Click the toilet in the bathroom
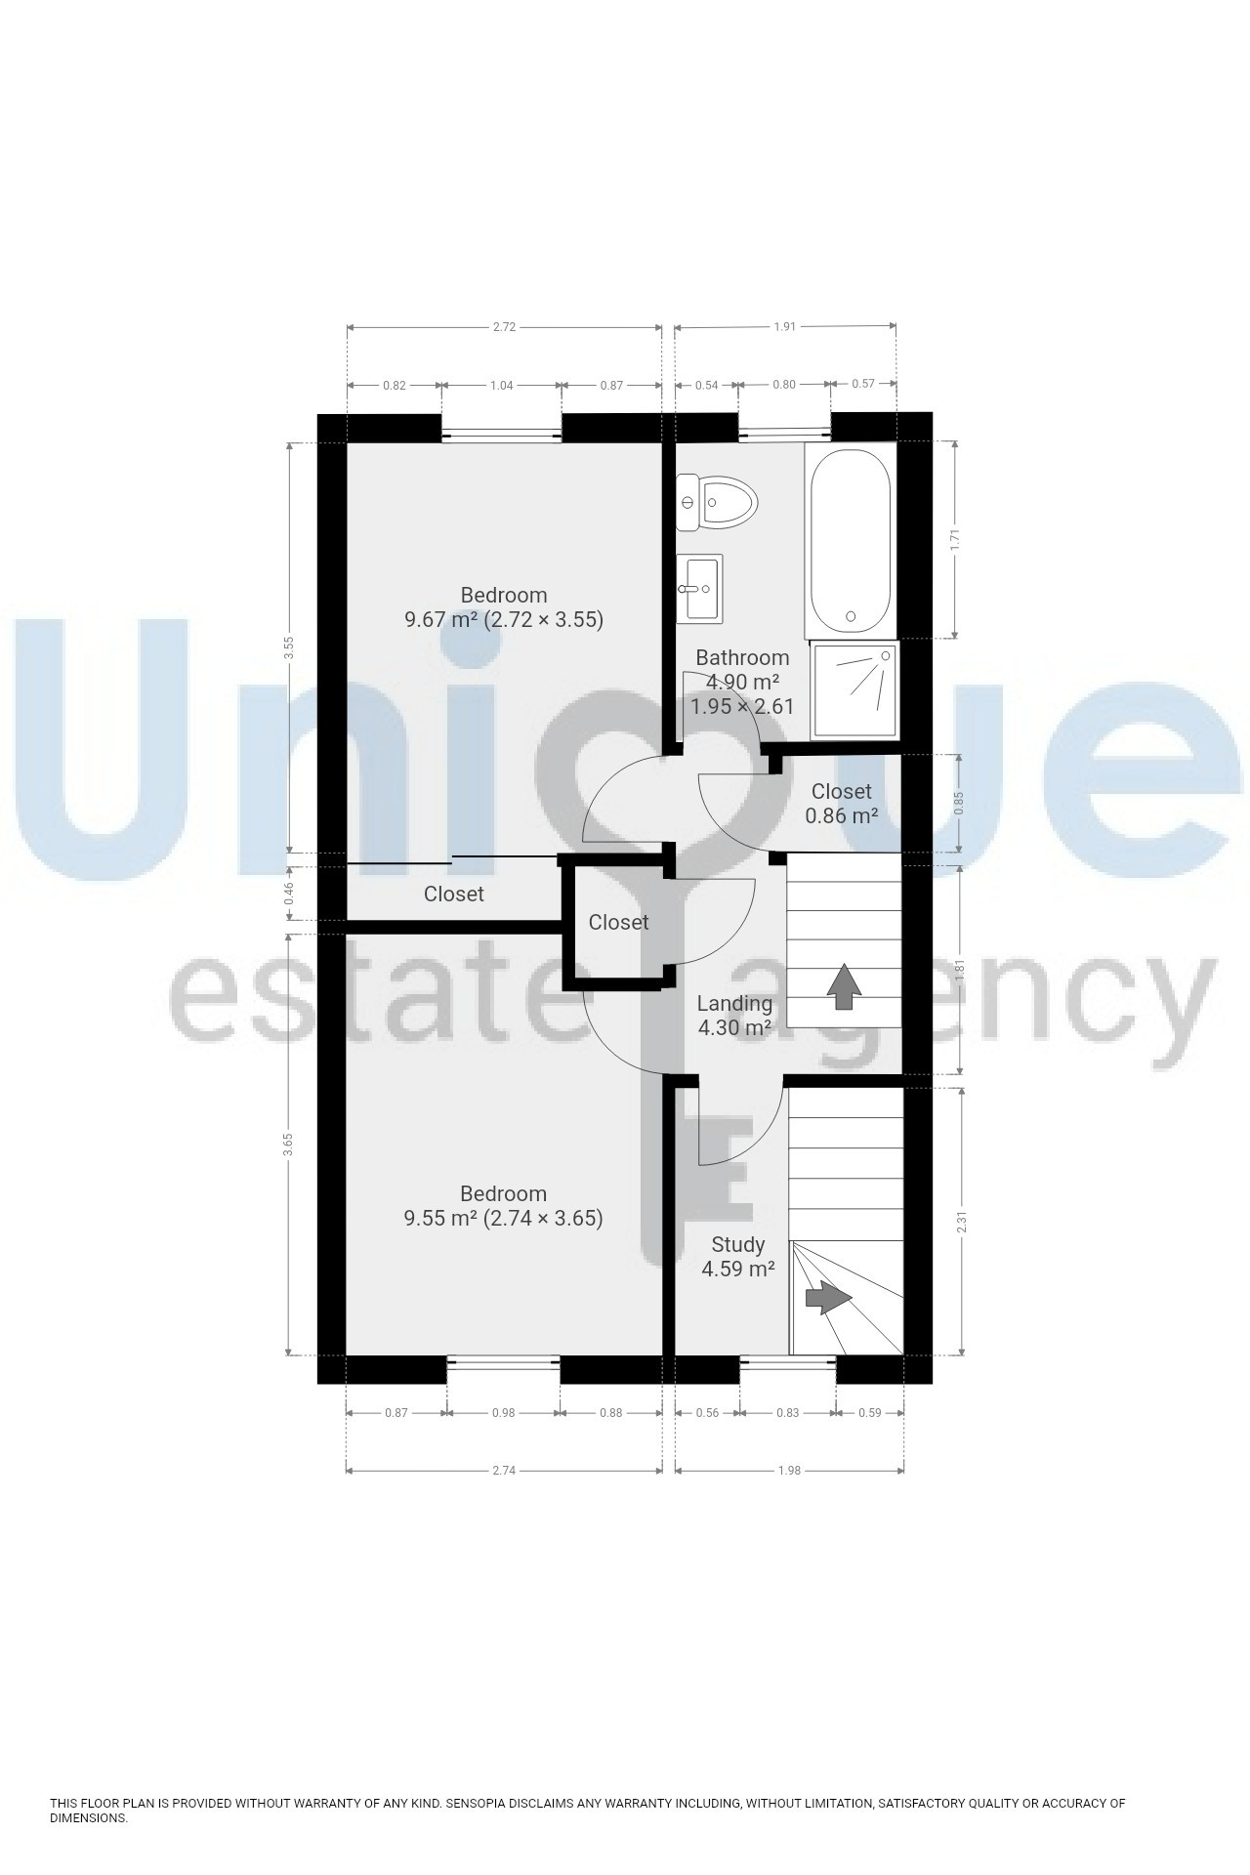pos(718,503)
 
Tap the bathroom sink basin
pos(700,588)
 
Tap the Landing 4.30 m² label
pos(734,1016)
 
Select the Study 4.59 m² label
pos(738,1257)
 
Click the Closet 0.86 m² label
pos(841,803)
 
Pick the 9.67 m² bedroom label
pos(504,607)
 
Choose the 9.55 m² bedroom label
pos(503,1206)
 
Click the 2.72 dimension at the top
pos(504,327)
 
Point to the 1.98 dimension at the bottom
pos(788,1470)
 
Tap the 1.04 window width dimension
pos(501,386)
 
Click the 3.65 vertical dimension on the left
pos(288,1144)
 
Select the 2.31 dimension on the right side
pos(962,1220)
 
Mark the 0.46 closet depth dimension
pos(288,894)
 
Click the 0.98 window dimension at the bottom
pos(503,1412)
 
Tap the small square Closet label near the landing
pos(618,922)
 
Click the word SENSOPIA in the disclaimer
pos(479,1803)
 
